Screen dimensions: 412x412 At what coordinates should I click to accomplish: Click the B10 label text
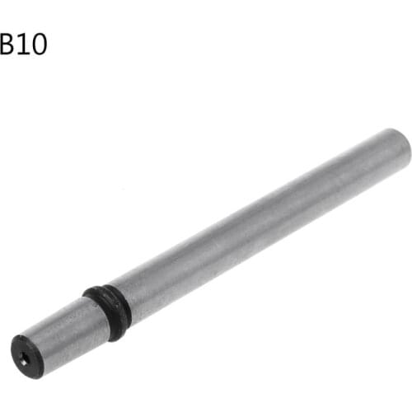[22, 43]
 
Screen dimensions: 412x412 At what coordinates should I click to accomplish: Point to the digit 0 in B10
[37, 43]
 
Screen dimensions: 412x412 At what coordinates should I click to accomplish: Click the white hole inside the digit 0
[37, 43]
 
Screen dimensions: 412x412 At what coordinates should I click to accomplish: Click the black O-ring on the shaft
[106, 311]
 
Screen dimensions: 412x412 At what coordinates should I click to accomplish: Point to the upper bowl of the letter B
[7, 37]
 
